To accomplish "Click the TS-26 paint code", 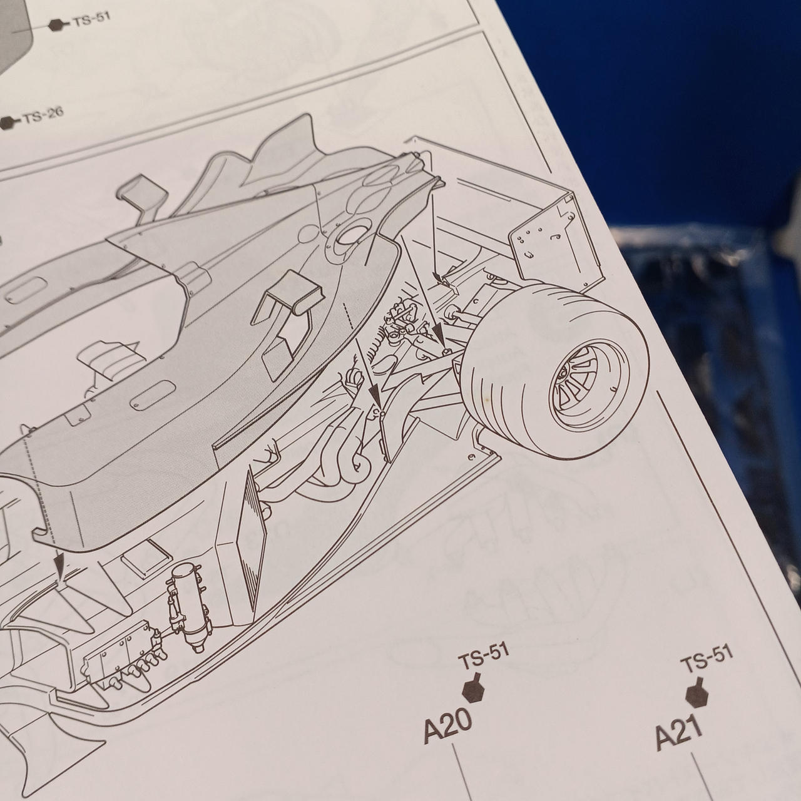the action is click(x=43, y=116).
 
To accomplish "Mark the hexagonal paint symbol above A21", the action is click(x=696, y=691).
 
